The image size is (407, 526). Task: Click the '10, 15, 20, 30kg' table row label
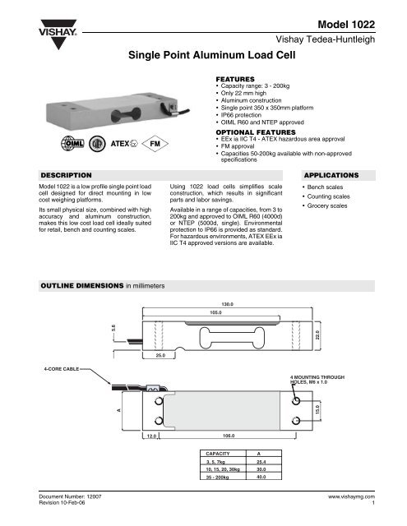pos(221,468)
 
